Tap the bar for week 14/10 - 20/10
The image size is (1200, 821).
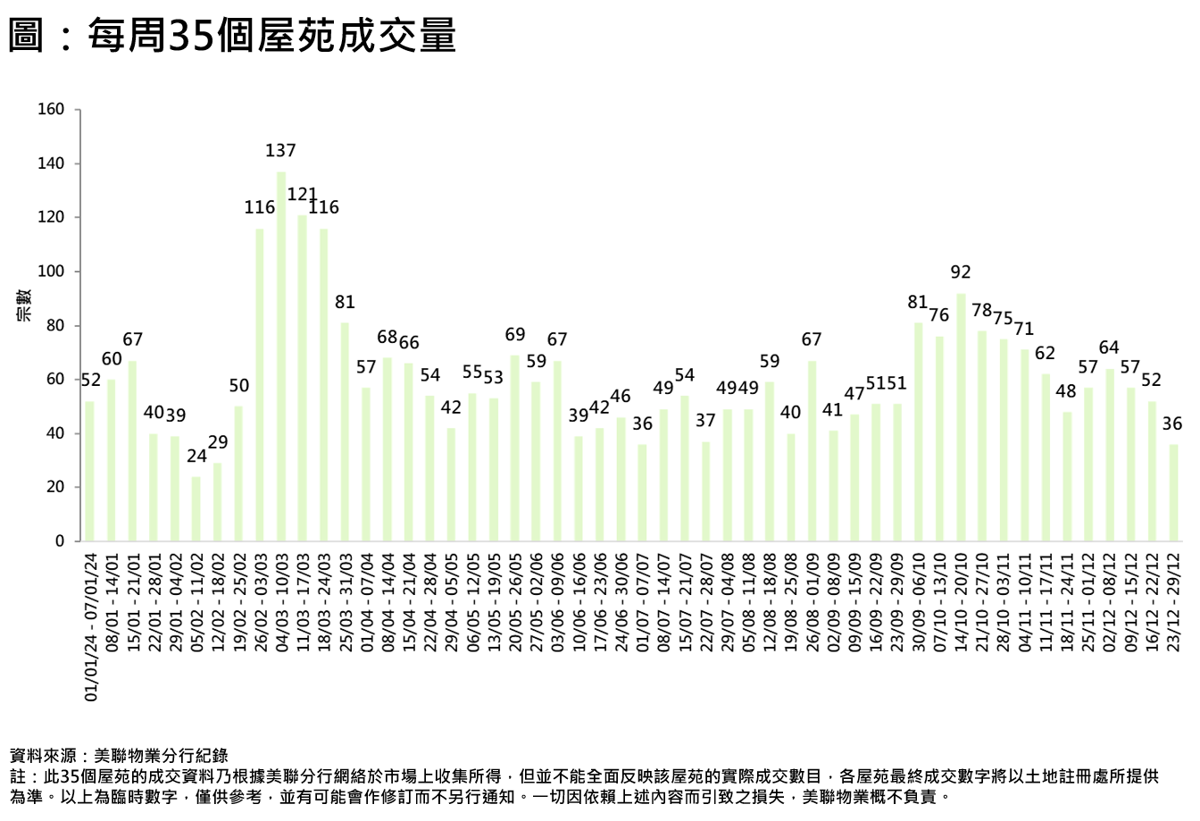961,416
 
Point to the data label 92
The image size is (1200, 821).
961,272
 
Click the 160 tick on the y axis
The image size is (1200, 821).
52,110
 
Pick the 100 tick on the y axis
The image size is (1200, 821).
52,272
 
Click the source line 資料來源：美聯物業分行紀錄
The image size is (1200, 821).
119,755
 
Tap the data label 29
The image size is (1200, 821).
218,442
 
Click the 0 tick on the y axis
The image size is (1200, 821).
60,541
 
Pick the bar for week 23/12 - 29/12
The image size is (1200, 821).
1174,492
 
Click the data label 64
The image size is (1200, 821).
1109,348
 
